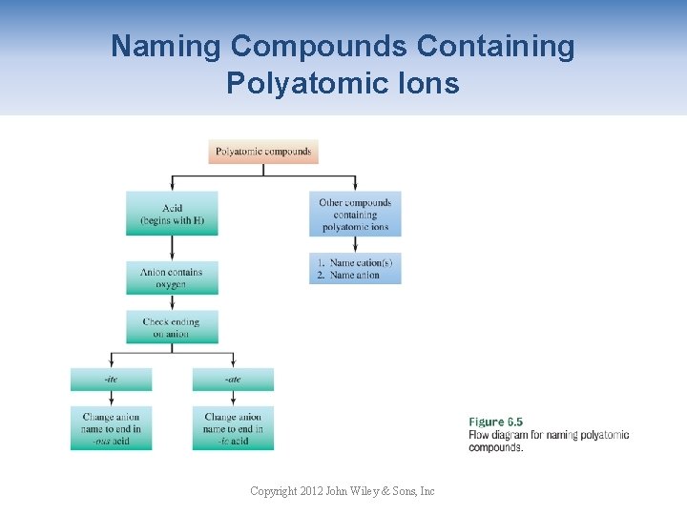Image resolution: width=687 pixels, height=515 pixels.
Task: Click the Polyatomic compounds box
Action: (x=262, y=152)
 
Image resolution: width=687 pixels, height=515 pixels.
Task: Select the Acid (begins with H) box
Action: (x=172, y=214)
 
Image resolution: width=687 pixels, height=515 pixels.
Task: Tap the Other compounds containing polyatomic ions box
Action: (x=355, y=215)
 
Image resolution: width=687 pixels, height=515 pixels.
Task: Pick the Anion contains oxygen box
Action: (x=172, y=278)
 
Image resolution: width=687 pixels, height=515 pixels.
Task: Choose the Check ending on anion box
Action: (x=172, y=327)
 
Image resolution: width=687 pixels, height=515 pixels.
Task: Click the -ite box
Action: (x=111, y=380)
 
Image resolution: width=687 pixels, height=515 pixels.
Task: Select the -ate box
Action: (x=233, y=380)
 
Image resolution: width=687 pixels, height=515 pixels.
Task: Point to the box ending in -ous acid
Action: (x=111, y=428)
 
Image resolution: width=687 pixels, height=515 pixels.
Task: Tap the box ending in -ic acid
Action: (x=233, y=428)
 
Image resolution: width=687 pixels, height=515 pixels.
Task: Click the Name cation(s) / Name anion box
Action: (x=355, y=268)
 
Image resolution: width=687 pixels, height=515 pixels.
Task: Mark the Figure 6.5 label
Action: (x=495, y=422)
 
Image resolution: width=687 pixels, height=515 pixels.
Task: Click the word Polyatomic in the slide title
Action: (x=286, y=83)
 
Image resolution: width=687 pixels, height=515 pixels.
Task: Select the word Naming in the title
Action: (x=166, y=46)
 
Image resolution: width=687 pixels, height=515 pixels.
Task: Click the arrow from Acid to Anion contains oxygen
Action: (x=172, y=248)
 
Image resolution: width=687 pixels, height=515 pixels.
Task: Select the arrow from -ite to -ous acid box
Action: (x=111, y=399)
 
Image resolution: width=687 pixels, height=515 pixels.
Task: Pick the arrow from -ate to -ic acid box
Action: (x=233, y=399)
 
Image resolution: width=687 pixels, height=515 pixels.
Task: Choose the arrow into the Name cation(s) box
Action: (x=355, y=245)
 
